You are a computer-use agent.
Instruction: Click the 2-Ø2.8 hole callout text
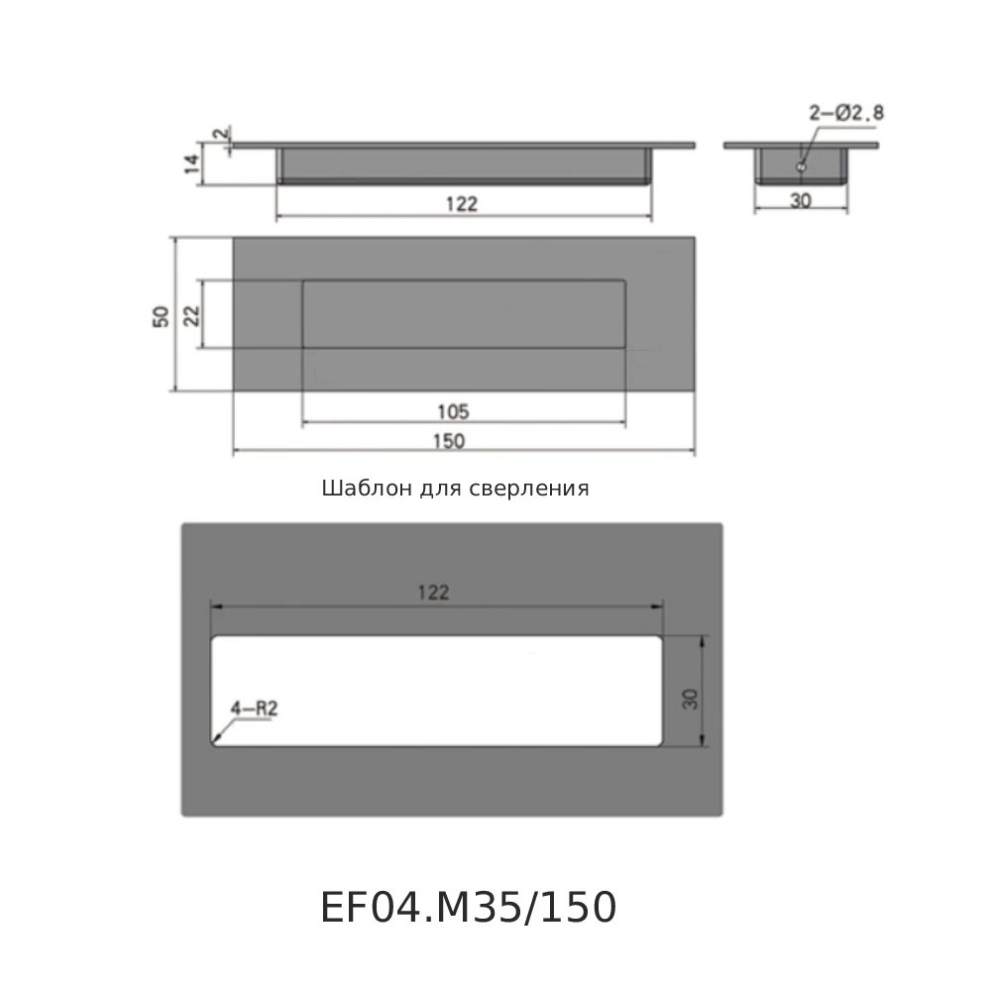point(845,114)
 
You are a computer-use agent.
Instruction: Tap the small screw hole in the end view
point(800,167)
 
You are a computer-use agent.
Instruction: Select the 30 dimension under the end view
point(801,199)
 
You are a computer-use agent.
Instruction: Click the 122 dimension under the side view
point(463,205)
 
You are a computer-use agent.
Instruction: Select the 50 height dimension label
point(161,315)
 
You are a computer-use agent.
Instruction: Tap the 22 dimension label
point(193,314)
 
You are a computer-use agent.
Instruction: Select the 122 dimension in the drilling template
point(433,593)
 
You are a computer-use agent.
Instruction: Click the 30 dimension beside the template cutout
point(691,698)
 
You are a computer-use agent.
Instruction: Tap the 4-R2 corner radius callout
point(252,709)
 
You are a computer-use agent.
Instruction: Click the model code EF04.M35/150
point(468,907)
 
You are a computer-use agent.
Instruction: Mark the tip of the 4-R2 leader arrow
point(216,741)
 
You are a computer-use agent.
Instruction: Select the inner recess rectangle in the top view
point(463,314)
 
